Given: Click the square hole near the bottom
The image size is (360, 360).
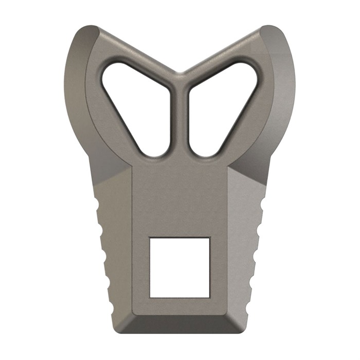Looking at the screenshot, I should coord(179,267).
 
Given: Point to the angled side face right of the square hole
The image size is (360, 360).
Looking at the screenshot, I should coord(242,247).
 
